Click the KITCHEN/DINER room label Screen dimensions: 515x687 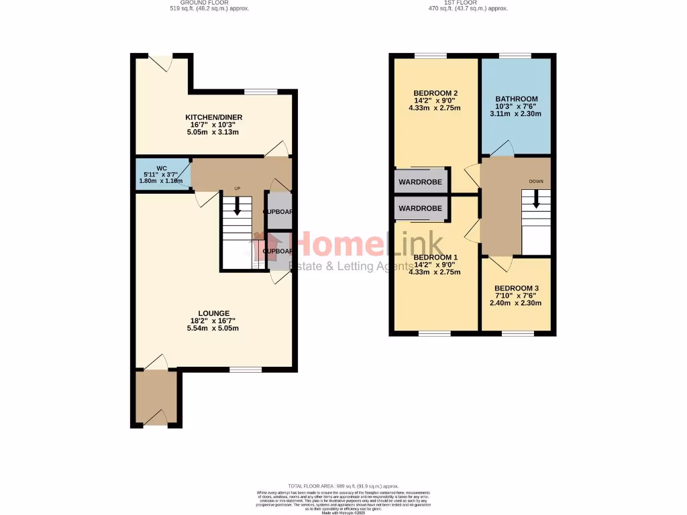pyautogui.click(x=214, y=117)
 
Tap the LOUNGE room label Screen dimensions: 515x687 pyautogui.click(x=214, y=313)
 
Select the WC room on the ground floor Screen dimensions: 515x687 pyautogui.click(x=162, y=174)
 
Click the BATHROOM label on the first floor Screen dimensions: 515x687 pyautogui.click(x=516, y=99)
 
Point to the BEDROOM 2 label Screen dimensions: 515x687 pyautogui.click(x=435, y=93)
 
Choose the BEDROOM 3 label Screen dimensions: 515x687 pyautogui.click(x=516, y=288)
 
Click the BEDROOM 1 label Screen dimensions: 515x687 pyautogui.click(x=435, y=257)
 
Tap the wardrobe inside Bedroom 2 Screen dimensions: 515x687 pyautogui.click(x=421, y=182)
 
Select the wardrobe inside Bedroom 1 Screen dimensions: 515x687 pyautogui.click(x=421, y=208)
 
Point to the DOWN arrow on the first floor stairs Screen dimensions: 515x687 pyautogui.click(x=535, y=199)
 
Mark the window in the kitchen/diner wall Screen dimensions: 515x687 pyautogui.click(x=260, y=92)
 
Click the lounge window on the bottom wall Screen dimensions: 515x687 pyautogui.click(x=245, y=369)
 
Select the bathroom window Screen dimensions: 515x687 pyautogui.click(x=515, y=56)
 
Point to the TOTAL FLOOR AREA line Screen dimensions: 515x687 pyautogui.click(x=343, y=486)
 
